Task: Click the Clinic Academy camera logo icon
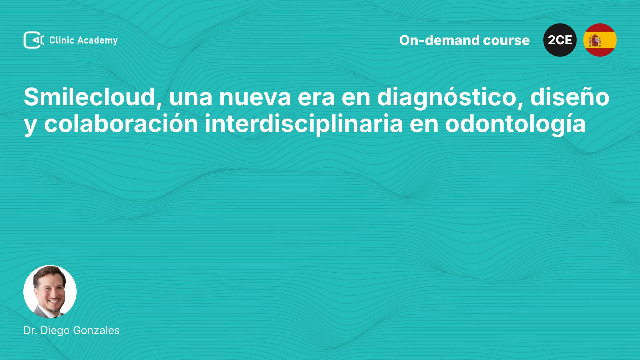(x=34, y=40)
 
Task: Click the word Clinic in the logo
(x=62, y=40)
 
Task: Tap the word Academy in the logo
(x=98, y=41)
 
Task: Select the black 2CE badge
(x=560, y=40)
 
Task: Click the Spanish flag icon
(x=600, y=40)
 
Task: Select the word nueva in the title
(x=255, y=98)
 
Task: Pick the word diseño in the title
(x=570, y=97)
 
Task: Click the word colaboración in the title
(x=121, y=124)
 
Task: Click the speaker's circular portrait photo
(x=50, y=292)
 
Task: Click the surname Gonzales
(x=96, y=330)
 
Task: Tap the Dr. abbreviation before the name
(x=30, y=330)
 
